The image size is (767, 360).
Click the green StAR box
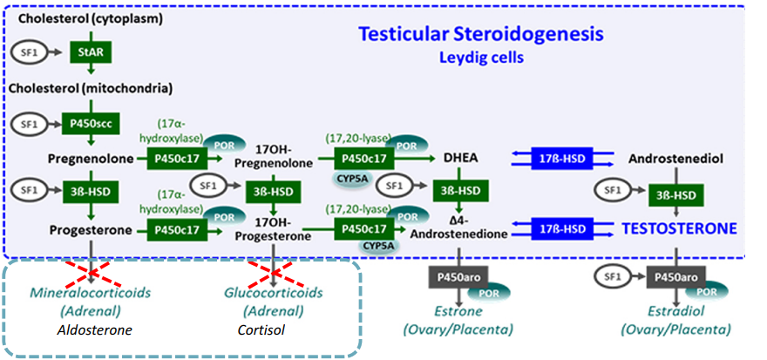91,53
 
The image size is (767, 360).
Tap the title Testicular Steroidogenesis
482,35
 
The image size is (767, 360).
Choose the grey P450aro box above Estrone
458,276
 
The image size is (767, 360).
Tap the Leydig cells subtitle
481,58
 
